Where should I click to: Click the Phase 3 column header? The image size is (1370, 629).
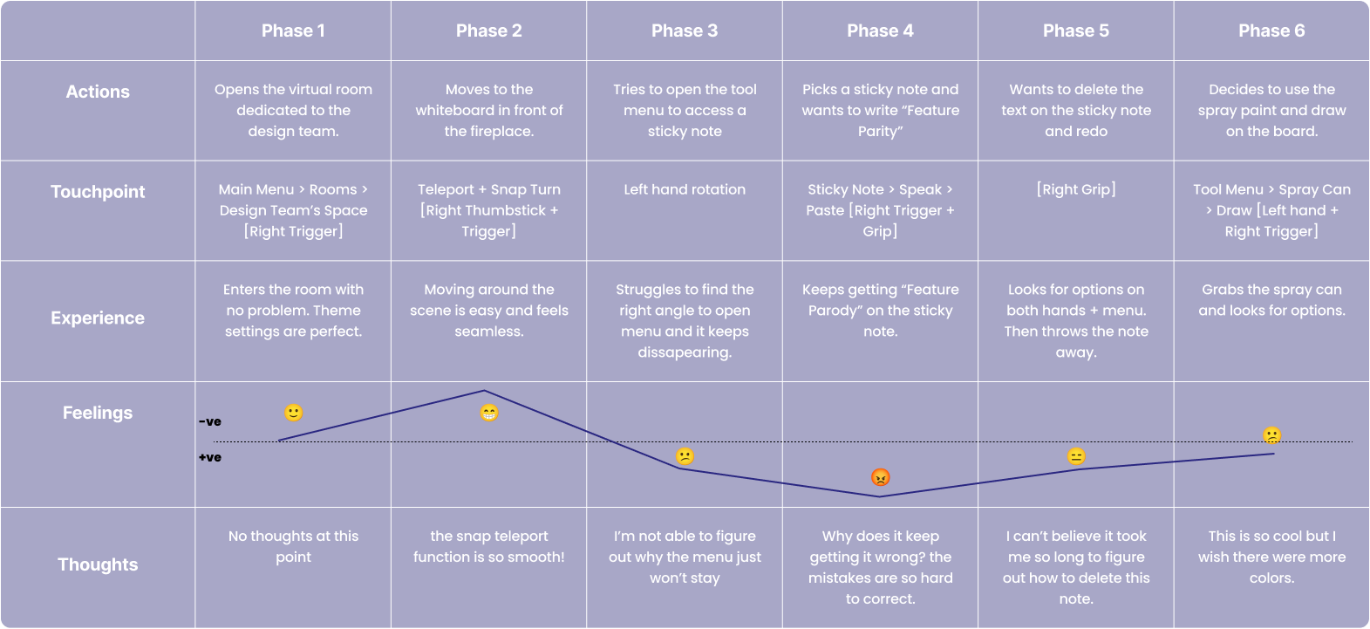coord(685,31)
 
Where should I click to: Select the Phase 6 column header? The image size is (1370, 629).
coord(1271,31)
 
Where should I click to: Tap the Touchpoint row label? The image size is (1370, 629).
coord(98,192)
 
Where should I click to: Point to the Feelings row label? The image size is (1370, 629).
coord(98,413)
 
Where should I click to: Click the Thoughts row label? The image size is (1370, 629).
coord(98,564)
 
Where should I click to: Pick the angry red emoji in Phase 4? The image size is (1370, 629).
coord(881,477)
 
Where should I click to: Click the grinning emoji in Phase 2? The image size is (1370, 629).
coord(489,413)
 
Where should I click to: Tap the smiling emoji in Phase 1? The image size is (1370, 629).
coord(294,413)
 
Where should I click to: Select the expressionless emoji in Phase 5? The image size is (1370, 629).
coord(1076,456)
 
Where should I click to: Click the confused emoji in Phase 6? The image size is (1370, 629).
coord(1272,435)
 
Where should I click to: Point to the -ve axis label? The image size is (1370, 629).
coord(210,422)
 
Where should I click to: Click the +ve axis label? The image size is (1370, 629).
coord(210,457)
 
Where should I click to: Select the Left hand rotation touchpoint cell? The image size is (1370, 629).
coord(685,189)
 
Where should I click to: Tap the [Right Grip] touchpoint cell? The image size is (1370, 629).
coord(1076,189)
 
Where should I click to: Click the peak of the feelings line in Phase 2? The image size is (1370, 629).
coord(484,391)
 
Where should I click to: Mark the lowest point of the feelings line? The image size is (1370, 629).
coord(879,496)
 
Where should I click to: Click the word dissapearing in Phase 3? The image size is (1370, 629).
coord(685,352)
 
